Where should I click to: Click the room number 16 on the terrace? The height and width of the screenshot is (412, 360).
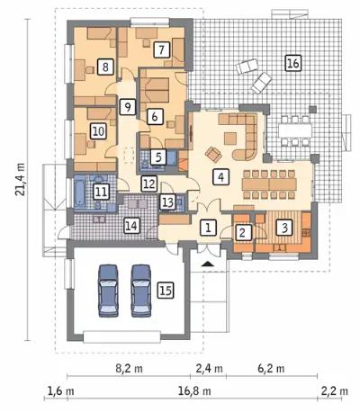pyautogui.click(x=293, y=63)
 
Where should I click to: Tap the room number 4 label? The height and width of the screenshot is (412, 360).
pyautogui.click(x=220, y=176)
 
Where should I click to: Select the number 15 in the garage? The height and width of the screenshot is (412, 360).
pyautogui.click(x=166, y=291)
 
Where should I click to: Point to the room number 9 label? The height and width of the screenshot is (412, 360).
pyautogui.click(x=128, y=107)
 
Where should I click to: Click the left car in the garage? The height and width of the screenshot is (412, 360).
pyautogui.click(x=108, y=291)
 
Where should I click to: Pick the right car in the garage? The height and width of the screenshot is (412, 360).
pyautogui.click(x=141, y=291)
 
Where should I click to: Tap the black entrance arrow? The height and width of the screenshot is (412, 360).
pyautogui.click(x=208, y=264)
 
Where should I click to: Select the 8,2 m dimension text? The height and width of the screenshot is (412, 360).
pyautogui.click(x=130, y=368)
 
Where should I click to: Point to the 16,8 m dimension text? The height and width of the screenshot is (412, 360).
pyautogui.click(x=194, y=390)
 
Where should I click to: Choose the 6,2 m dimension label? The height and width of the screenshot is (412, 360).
pyautogui.click(x=271, y=368)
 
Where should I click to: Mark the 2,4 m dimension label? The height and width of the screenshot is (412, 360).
pyautogui.click(x=210, y=368)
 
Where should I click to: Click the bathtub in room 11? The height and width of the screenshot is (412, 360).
pyautogui.click(x=81, y=193)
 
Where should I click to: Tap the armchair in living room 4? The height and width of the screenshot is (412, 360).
pyautogui.click(x=213, y=154)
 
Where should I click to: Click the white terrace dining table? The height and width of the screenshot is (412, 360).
pyautogui.click(x=294, y=130)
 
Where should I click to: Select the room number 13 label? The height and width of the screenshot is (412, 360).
pyautogui.click(x=167, y=202)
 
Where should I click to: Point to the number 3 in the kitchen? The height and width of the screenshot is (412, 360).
pyautogui.click(x=284, y=228)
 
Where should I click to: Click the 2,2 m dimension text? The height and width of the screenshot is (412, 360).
pyautogui.click(x=335, y=390)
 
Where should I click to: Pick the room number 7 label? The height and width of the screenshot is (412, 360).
pyautogui.click(x=161, y=49)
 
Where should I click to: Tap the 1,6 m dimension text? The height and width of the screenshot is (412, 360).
pyautogui.click(x=61, y=390)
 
